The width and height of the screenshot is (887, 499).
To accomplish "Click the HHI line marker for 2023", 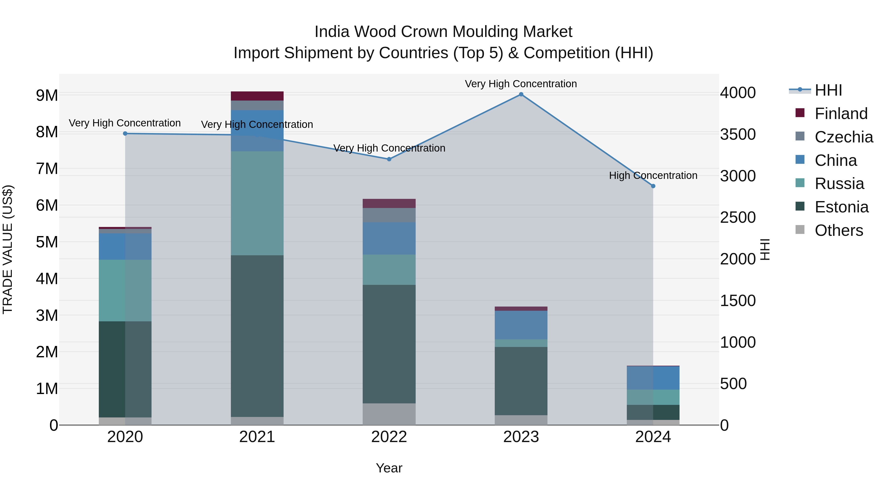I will (521, 94).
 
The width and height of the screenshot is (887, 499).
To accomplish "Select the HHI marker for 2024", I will (653, 186).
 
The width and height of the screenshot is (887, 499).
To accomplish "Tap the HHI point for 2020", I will (125, 134).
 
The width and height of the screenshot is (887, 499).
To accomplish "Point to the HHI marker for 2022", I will (389, 159).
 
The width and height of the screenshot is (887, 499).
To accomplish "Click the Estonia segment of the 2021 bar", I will (257, 336).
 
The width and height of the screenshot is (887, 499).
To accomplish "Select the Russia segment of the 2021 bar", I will (257, 203).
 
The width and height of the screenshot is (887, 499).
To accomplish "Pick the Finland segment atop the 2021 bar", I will (257, 96).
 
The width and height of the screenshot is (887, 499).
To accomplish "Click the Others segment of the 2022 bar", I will (389, 414).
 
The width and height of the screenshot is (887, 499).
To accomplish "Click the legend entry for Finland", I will (841, 114).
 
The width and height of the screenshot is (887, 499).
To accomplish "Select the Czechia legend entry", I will (844, 137).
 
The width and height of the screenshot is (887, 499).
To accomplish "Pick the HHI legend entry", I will (828, 90).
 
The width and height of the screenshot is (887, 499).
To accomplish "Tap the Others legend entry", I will (839, 230).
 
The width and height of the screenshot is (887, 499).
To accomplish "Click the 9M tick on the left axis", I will (47, 95).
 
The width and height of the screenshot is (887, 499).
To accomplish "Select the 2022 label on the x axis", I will (389, 437).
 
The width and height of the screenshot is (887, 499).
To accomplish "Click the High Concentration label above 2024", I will (653, 176).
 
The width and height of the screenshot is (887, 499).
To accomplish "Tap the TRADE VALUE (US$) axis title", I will (8, 249).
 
